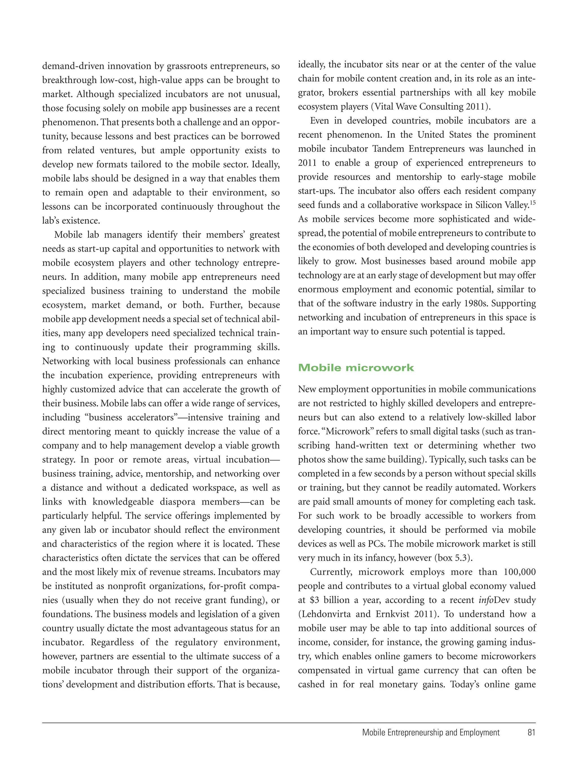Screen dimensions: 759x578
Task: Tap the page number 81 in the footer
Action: (x=531, y=742)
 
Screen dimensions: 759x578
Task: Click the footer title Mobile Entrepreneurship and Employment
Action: (x=431, y=742)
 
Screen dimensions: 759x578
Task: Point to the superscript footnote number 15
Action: (x=532, y=203)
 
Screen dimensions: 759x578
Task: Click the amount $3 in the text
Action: (x=314, y=600)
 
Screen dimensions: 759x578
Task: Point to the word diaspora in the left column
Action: (x=179, y=502)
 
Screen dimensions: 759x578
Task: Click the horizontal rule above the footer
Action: (x=289, y=723)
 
